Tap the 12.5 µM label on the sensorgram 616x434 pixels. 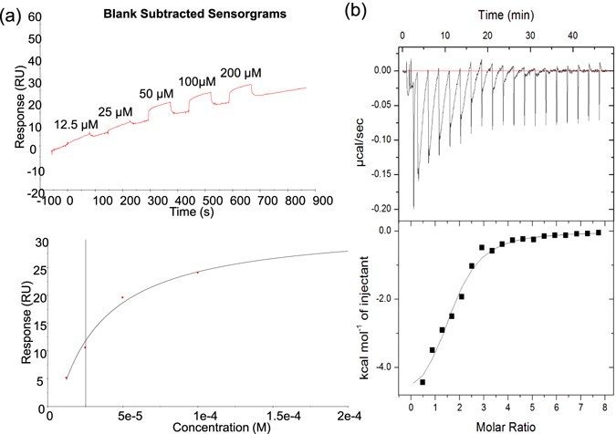(77, 125)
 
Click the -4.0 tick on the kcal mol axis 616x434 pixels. (385, 367)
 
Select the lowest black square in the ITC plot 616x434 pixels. (422, 382)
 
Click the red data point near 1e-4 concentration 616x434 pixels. (197, 272)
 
